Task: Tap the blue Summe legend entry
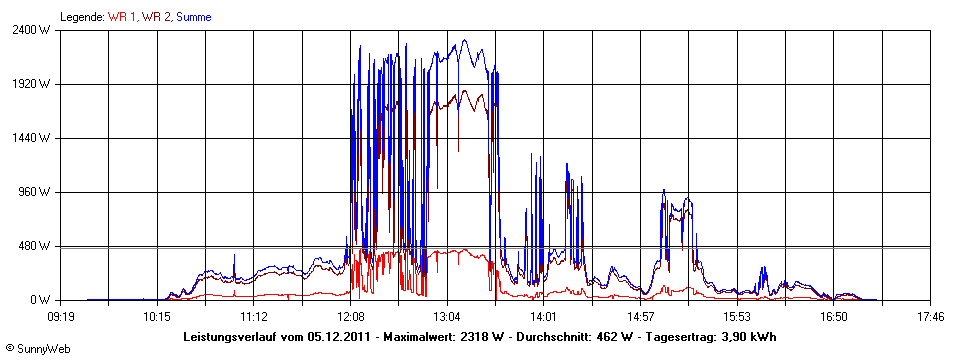193,17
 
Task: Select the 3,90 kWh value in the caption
746,337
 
